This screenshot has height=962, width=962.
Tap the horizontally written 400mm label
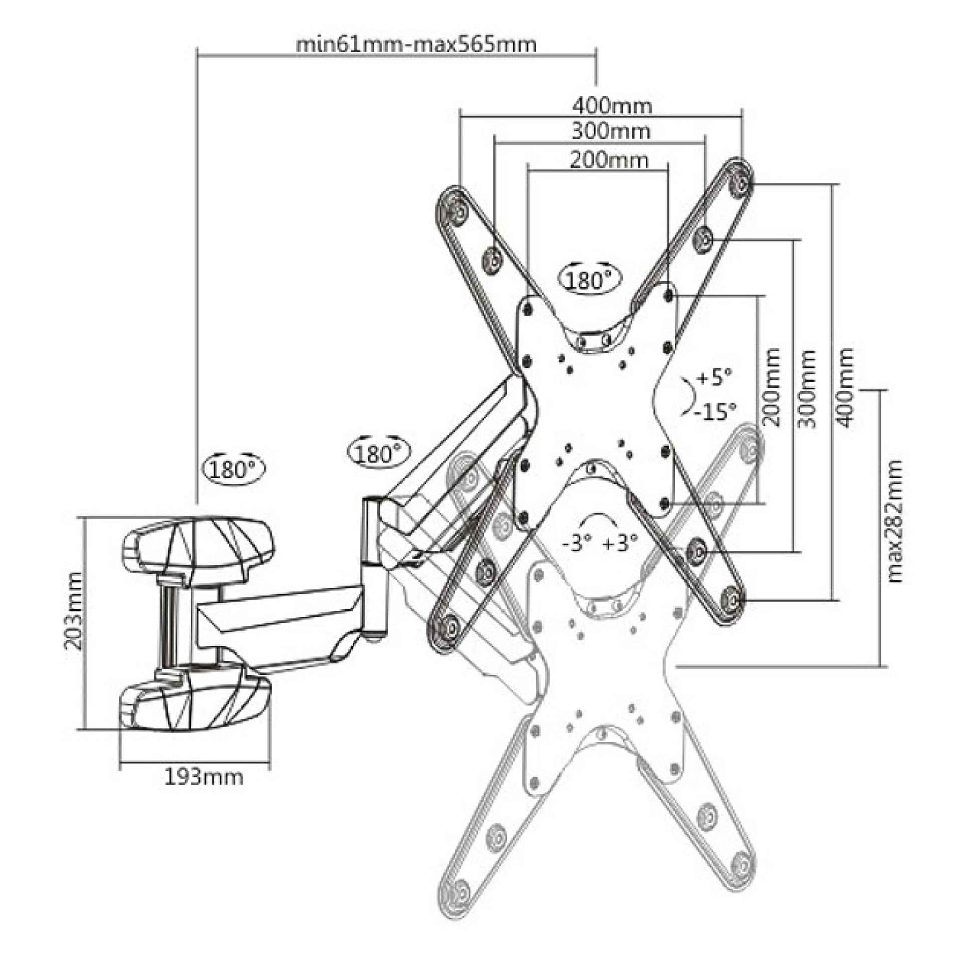point(612,106)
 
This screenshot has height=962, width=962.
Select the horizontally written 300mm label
point(611,132)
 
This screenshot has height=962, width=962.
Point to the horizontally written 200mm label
point(609,160)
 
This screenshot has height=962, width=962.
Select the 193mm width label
point(204,777)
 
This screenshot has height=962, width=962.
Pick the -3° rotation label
point(577,543)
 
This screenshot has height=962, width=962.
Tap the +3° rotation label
point(620,543)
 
